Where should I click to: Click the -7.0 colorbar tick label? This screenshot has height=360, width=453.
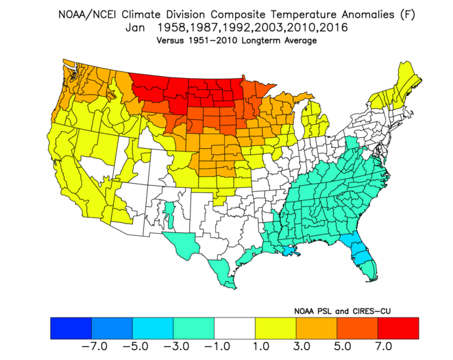click(x=95, y=346)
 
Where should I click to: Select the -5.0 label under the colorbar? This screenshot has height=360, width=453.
click(x=136, y=346)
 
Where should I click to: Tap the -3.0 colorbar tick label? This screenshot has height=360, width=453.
click(x=177, y=346)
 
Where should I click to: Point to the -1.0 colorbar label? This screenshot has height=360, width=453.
click(x=217, y=346)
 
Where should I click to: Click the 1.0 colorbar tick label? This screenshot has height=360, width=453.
click(x=261, y=346)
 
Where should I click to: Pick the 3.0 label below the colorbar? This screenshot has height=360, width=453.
click(x=302, y=346)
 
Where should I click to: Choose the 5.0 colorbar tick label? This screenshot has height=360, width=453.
click(x=343, y=346)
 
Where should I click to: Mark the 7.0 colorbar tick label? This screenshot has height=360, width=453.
click(x=384, y=346)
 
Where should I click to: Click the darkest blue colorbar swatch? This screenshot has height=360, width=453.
click(x=71, y=328)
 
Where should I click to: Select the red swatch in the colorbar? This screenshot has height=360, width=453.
click(x=398, y=328)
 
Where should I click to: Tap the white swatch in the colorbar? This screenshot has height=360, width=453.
click(x=234, y=328)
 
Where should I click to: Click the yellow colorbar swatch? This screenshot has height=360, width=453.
click(x=276, y=328)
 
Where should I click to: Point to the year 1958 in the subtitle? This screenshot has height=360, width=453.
click(x=171, y=27)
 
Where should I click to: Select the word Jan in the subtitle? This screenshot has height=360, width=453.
click(x=135, y=27)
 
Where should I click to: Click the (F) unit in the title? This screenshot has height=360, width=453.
click(x=408, y=14)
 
